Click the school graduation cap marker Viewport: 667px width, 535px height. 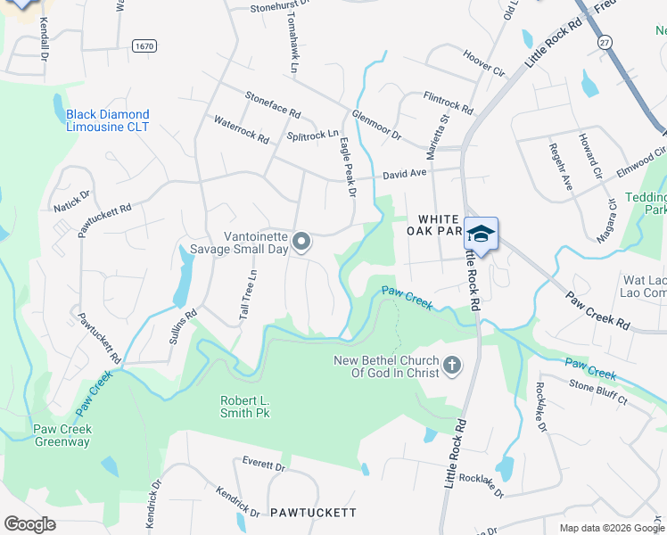pos(481,234)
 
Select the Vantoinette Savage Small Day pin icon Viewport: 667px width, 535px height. pos(302,241)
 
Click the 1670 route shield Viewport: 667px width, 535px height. pos(143,45)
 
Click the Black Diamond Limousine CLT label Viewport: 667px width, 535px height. pos(108,120)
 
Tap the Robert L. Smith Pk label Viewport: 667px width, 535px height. pos(245,407)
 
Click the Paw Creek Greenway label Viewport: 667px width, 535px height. pos(63,435)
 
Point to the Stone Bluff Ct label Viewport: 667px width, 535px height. pos(598,393)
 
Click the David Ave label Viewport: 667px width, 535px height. pos(405,176)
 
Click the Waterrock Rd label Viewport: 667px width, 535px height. pos(241,130)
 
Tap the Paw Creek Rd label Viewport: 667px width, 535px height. pos(600,309)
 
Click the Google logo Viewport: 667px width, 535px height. pos(30,524)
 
